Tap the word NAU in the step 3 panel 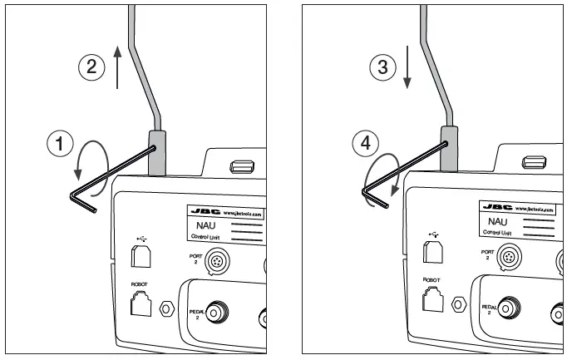click(x=496, y=222)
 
